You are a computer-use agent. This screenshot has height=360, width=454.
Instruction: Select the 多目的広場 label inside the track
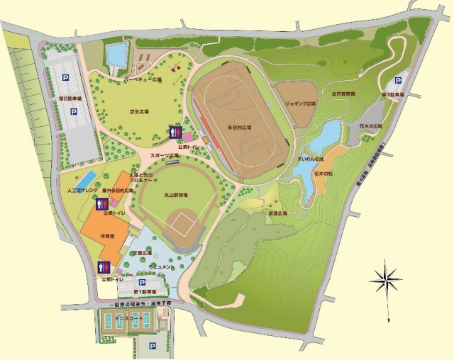pos(240,128)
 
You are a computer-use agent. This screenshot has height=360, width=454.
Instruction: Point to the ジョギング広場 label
pos(299,103)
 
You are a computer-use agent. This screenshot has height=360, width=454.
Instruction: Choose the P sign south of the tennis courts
pos(152,346)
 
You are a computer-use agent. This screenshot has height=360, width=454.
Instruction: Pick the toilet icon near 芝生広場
pos(175,132)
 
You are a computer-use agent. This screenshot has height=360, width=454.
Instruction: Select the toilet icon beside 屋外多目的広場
pos(101,204)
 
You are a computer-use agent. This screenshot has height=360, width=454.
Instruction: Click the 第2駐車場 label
pos(70,98)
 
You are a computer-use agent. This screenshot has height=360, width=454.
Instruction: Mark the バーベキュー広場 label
pos(143,80)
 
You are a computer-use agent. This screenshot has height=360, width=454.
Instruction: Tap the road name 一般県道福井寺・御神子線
pos(139,303)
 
